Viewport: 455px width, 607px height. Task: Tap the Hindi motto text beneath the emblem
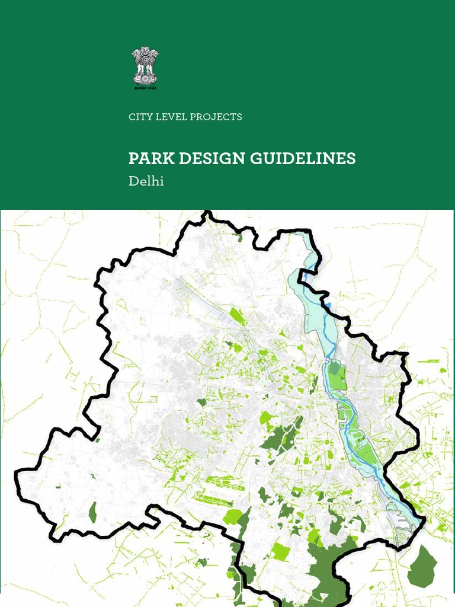[145, 87]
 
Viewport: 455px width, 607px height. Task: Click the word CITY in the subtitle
[140, 117]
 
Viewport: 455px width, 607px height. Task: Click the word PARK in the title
[147, 159]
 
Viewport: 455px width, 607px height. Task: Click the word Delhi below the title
[146, 181]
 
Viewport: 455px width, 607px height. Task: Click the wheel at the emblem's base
[145, 78]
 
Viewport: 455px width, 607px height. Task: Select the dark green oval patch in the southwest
[92, 512]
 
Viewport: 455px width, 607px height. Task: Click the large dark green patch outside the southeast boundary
[423, 566]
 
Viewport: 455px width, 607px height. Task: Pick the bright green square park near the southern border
[280, 551]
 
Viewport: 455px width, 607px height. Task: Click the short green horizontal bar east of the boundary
[428, 360]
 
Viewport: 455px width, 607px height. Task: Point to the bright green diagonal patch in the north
[237, 316]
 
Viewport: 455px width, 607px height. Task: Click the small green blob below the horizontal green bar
[443, 370]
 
